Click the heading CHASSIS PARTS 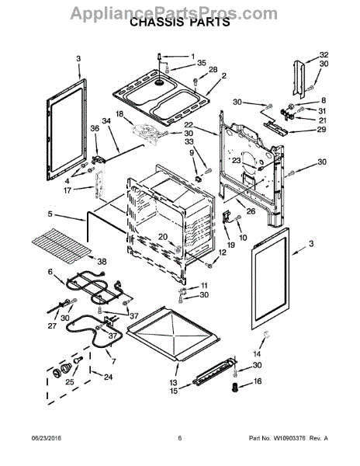point(180,23)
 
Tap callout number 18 point(119,114)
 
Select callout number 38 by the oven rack point(102,262)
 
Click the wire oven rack point(61,243)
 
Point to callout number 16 point(258,381)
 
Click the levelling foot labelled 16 point(235,388)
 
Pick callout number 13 point(173,383)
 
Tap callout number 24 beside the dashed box point(109,377)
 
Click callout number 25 point(70,381)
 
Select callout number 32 point(324,54)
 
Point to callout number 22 point(189,125)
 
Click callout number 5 point(50,214)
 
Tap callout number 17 point(67,190)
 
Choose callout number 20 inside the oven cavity point(163,237)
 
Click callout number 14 point(257,354)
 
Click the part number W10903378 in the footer point(289,438)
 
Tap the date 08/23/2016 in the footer point(47,438)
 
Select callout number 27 point(52,325)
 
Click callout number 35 point(202,63)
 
